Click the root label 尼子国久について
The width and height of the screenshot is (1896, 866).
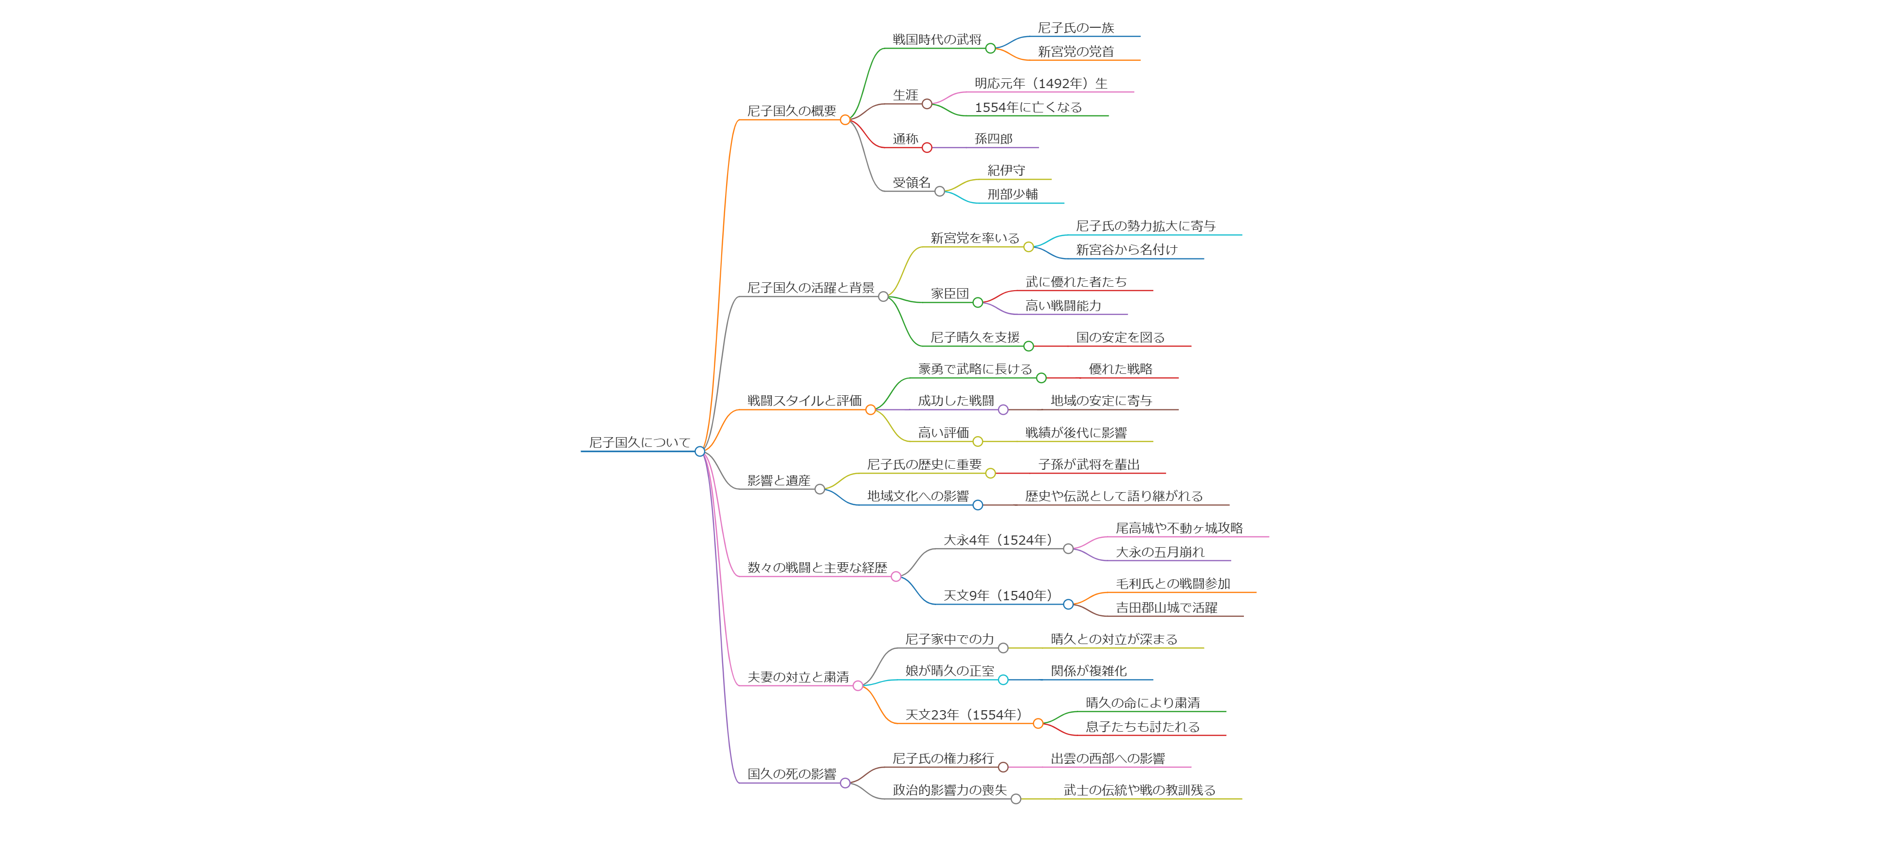(639, 442)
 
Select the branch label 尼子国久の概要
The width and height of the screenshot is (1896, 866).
(791, 111)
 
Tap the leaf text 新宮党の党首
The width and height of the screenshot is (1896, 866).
(1076, 52)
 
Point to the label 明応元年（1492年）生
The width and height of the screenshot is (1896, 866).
(1041, 84)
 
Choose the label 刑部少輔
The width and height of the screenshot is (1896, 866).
(1012, 194)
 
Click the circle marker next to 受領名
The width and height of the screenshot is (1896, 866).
(939, 191)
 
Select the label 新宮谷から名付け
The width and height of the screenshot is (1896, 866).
(1126, 250)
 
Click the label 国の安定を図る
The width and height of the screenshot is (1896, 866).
(1120, 338)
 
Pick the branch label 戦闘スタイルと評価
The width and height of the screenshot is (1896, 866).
(804, 401)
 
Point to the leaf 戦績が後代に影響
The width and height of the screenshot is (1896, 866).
(1076, 433)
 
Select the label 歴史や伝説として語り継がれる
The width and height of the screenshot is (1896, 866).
(1113, 497)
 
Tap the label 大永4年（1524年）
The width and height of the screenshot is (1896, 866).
(998, 540)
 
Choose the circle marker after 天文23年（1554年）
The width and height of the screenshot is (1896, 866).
(1038, 724)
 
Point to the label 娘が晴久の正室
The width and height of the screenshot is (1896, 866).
(949, 671)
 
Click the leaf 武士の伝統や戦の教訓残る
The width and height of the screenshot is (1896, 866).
(1139, 790)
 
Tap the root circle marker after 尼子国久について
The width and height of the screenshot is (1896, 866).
(700, 451)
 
